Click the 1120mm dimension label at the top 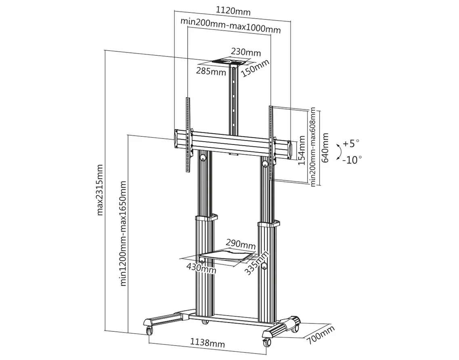click(233, 11)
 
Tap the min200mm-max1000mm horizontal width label click(231, 25)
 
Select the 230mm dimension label click(246, 52)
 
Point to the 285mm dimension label click(211, 71)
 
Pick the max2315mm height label click(100, 190)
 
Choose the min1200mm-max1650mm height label click(123, 233)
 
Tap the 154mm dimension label click(302, 150)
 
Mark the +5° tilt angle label click(351, 143)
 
